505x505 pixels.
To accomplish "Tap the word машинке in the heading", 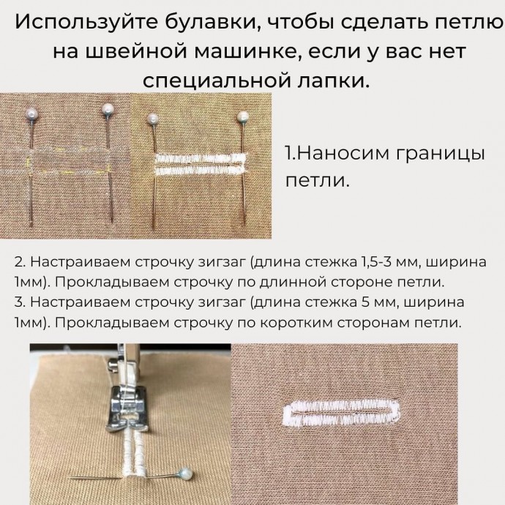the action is [246, 51].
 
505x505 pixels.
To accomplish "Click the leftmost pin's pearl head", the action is [32, 113].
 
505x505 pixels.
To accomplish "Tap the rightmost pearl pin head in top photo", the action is [243, 116].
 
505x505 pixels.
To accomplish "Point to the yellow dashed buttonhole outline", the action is [69, 160].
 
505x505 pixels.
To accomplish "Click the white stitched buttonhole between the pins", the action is [201, 164].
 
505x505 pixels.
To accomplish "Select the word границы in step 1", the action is [440, 154].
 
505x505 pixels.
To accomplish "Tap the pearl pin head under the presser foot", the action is [186, 474].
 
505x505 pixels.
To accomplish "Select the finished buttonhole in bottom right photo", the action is [341, 413].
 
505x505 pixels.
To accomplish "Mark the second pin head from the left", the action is [108, 109].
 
